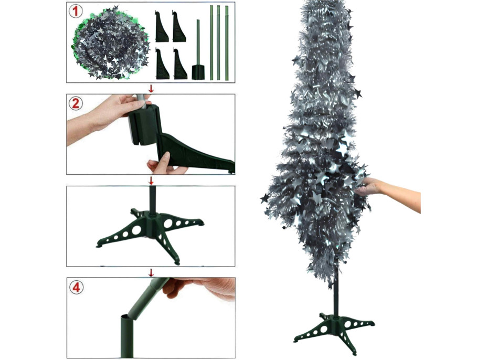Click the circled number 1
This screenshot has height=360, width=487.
pyautogui.click(x=76, y=12)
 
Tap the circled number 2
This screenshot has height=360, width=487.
pyautogui.click(x=76, y=103)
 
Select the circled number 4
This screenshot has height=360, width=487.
pyautogui.click(x=77, y=287)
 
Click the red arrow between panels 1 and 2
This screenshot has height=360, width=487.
pyautogui.click(x=151, y=89)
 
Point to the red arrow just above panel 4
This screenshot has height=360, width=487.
pyautogui.click(x=151, y=273)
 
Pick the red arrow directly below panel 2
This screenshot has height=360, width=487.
pyautogui.click(x=151, y=180)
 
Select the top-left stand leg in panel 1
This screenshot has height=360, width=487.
pyautogui.click(x=162, y=26)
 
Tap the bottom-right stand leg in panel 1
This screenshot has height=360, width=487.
pyautogui.click(x=180, y=63)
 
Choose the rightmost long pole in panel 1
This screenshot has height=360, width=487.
pyautogui.click(x=227, y=43)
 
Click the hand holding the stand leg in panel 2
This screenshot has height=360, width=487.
pyautogui.click(x=165, y=164)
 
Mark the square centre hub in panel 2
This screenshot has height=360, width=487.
pyautogui.click(x=144, y=124)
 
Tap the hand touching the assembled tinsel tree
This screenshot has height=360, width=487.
pyautogui.click(x=388, y=194)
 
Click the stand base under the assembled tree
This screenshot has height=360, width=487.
pyautogui.click(x=334, y=332)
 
